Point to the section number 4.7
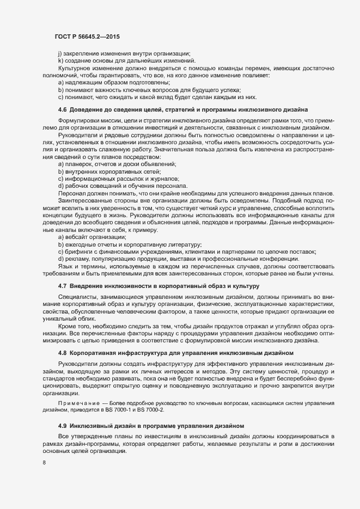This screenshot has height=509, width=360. (x=62, y=286)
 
